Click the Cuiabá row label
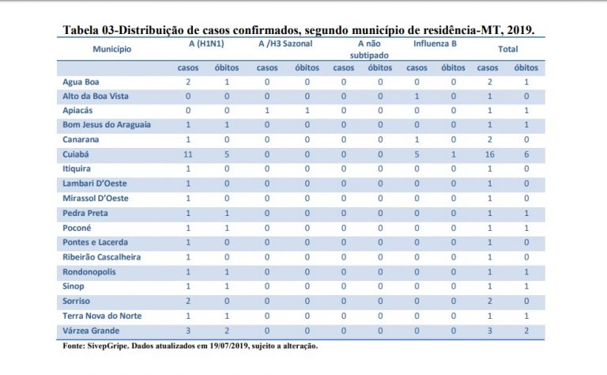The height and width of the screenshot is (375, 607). [76, 154]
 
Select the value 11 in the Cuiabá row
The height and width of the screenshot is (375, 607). [188, 154]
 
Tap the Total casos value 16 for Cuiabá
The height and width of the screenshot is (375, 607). [490, 154]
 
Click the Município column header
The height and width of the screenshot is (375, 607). [112, 49]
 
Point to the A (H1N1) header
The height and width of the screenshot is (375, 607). [206, 44]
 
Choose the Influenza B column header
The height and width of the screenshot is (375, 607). [435, 44]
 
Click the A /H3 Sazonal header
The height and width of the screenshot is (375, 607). [285, 44]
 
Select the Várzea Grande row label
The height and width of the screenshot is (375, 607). [91, 331]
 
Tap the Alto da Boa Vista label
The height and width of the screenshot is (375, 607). [96, 96]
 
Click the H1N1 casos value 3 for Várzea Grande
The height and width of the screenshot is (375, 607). [188, 331]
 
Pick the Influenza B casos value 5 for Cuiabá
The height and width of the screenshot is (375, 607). [417, 154]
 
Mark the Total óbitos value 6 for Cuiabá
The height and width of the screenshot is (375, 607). [526, 154]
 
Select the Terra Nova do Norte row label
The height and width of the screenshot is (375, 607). [102, 316]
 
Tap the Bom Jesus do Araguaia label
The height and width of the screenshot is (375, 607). [107, 125]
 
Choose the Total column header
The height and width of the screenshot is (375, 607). [508, 49]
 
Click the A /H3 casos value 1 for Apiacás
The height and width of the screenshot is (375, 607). [267, 111]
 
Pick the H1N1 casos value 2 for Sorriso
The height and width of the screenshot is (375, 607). [188, 301]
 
